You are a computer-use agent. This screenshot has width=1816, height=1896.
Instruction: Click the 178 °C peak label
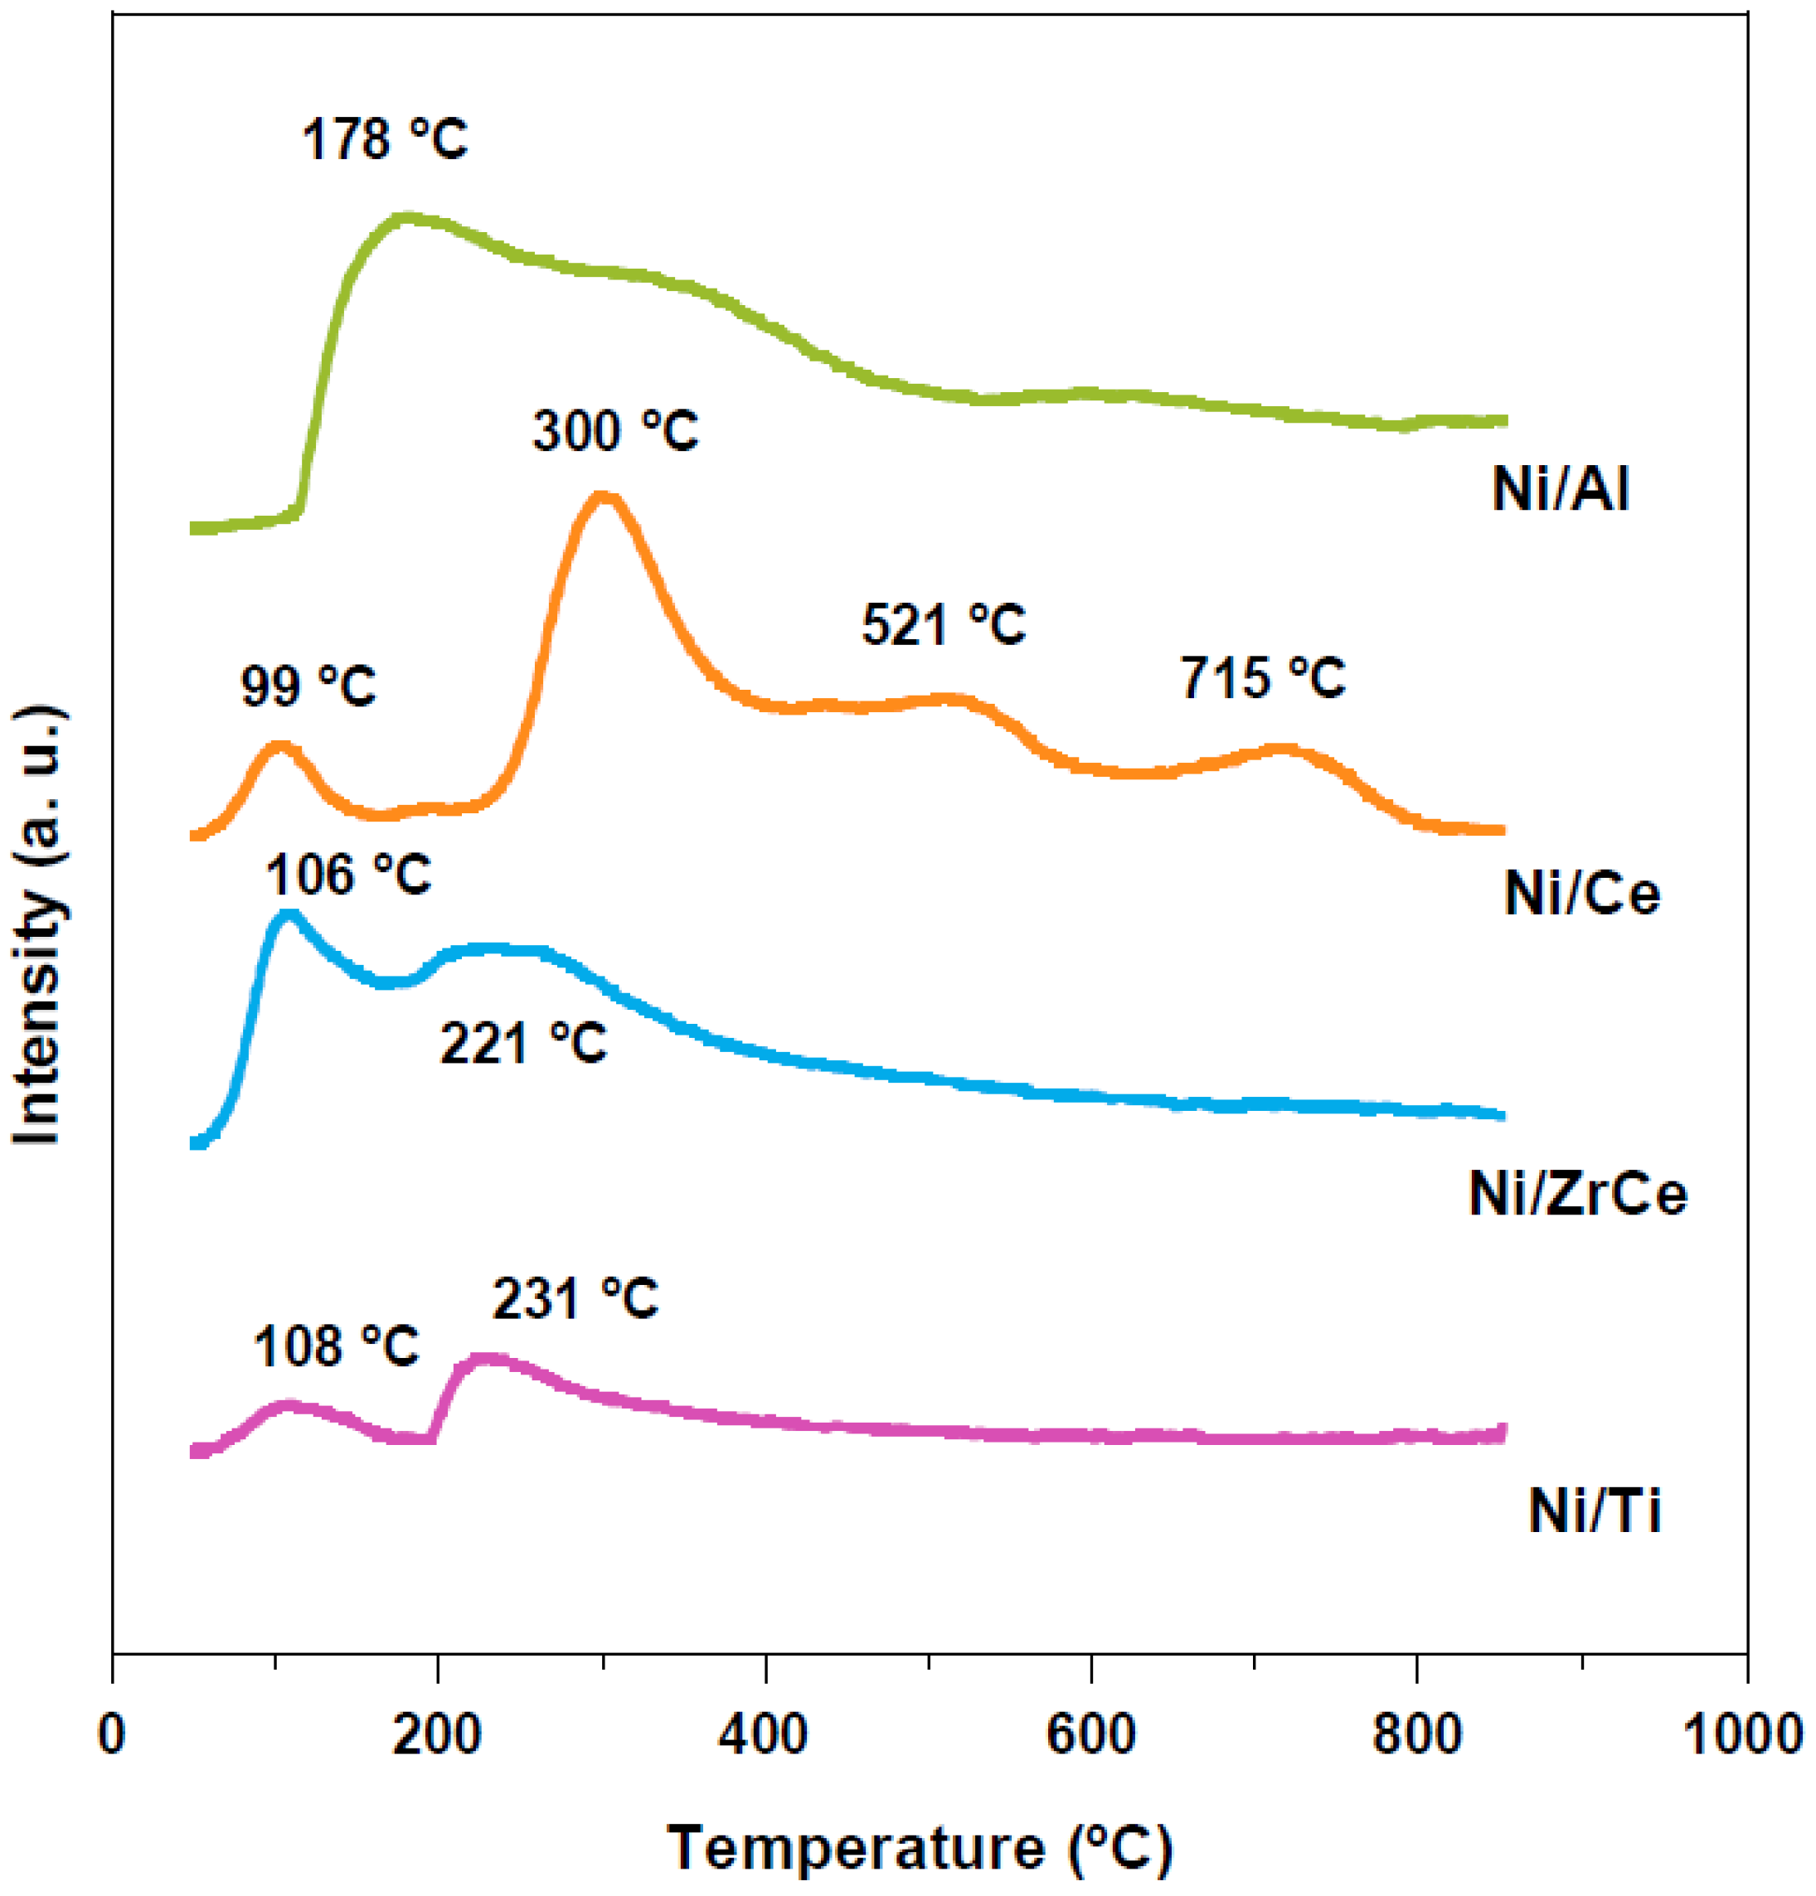tap(384, 140)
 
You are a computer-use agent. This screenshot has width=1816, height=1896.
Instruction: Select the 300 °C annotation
tap(615, 430)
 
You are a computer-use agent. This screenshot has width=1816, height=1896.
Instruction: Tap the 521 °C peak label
tap(944, 624)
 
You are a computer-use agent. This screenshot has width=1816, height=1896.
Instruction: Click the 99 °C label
tap(308, 686)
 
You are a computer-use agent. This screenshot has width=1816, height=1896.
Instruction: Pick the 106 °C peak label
tap(347, 875)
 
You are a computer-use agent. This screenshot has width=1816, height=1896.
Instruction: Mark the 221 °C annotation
tap(523, 1045)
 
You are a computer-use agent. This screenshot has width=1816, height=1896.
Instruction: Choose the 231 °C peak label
tap(575, 1298)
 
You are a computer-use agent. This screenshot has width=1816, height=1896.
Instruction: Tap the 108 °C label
tap(336, 1346)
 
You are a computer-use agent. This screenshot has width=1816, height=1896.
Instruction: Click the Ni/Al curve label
tap(1560, 488)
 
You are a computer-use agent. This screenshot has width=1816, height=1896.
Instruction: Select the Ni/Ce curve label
tap(1581, 893)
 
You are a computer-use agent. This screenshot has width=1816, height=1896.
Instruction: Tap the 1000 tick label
tap(1742, 1734)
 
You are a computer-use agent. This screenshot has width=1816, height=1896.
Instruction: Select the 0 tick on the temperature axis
tap(111, 1734)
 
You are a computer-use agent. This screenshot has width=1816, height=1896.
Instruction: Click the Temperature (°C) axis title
tap(919, 1848)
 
